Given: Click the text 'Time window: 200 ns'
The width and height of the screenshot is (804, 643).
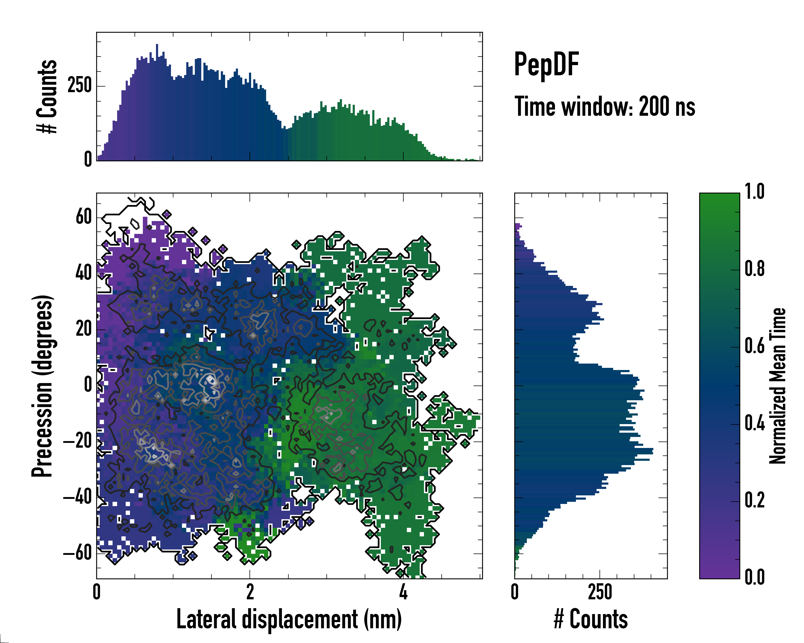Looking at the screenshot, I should click(605, 107).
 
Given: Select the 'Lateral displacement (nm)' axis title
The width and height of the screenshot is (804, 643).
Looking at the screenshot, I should click(289, 619).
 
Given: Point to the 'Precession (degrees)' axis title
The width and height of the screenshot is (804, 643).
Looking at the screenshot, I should click(42, 386).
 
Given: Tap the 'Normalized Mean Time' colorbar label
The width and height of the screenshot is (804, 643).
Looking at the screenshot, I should click(777, 386).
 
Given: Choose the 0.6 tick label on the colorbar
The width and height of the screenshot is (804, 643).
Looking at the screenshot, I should click(754, 346).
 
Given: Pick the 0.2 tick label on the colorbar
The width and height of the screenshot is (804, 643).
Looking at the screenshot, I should click(754, 500).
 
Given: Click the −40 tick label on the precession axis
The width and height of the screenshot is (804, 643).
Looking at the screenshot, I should click(77, 497).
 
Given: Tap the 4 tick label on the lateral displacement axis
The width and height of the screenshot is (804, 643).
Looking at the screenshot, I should click(403, 592).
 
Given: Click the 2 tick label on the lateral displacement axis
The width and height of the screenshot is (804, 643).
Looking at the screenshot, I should click(250, 592).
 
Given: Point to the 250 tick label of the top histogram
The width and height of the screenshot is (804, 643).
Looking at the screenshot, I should click(79, 85).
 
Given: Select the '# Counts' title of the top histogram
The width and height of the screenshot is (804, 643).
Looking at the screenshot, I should click(47, 96).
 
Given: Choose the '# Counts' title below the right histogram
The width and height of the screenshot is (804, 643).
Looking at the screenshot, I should click(591, 619).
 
